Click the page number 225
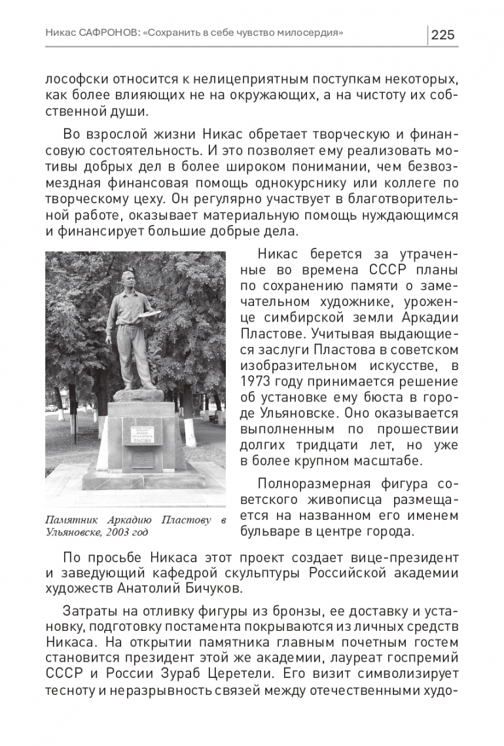pos(443,35)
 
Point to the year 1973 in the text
pos(255,381)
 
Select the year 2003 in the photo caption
pos(123,532)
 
